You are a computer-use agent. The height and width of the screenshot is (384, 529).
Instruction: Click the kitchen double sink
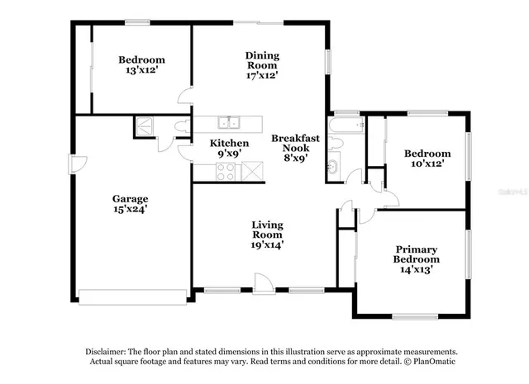[x=229, y=124]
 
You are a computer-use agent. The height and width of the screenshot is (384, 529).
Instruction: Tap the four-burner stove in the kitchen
[x=225, y=171]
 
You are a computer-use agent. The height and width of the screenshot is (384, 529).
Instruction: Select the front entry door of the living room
[x=264, y=285]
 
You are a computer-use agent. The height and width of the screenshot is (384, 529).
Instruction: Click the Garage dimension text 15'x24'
[x=131, y=210]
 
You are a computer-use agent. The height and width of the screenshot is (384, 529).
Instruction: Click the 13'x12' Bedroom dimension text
[x=141, y=71]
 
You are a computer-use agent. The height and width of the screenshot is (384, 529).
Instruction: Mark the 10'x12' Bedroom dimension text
[x=427, y=164]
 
